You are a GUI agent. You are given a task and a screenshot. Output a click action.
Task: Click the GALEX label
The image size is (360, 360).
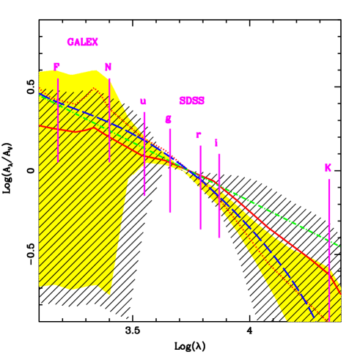[82, 43]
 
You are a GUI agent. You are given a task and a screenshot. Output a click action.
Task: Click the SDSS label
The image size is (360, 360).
[191, 101]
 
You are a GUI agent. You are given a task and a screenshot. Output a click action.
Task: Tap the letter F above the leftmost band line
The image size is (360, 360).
[56, 67]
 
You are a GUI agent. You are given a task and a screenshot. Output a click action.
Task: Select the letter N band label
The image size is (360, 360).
[108, 67]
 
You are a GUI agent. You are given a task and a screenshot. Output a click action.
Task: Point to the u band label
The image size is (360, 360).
[143, 102]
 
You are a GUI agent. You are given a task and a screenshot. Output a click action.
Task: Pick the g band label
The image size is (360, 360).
[168, 120]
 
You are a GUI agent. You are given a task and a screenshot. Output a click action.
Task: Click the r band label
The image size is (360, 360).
[199, 136]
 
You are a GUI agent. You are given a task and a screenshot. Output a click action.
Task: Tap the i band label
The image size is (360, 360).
[216, 144]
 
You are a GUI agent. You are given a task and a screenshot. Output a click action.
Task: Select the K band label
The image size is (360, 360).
[328, 169]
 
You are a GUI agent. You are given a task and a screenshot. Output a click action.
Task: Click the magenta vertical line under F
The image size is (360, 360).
[58, 121]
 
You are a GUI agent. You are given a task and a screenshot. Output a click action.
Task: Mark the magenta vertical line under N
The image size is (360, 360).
[109, 121]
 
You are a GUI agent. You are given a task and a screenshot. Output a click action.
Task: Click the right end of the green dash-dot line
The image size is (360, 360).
[339, 246]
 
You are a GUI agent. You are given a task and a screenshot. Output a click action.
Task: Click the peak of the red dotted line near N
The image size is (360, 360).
[95, 89]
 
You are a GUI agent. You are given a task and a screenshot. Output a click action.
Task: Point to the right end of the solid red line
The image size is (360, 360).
[340, 293]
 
